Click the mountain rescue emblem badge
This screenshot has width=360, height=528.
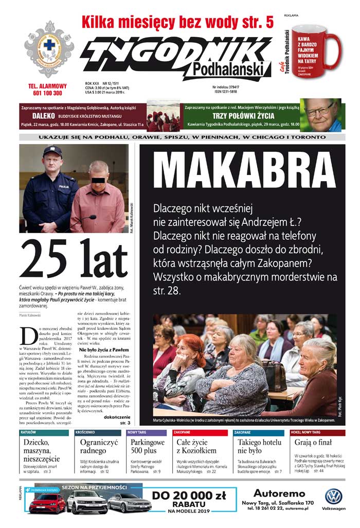tap(49, 48)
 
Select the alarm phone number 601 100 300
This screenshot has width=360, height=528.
tap(47, 93)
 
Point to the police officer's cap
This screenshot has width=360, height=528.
tap(51, 151)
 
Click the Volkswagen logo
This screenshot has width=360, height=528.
tap(333, 496)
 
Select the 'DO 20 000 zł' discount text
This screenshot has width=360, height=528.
tap(189, 496)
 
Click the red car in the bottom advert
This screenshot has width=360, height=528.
tap(47, 502)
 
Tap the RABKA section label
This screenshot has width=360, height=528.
tap(29, 432)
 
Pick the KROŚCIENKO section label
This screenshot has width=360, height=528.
tap(85, 432)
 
